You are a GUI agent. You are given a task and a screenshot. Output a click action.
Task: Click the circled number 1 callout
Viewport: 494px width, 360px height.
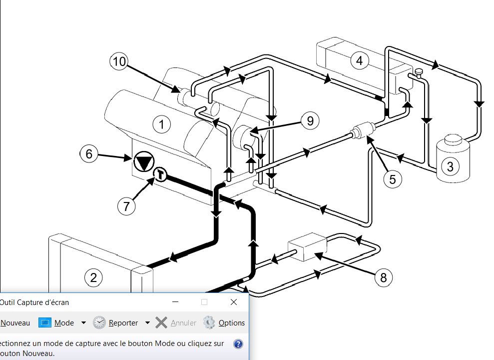162,124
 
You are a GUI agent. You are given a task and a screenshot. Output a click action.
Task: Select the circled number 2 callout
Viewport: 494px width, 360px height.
93,277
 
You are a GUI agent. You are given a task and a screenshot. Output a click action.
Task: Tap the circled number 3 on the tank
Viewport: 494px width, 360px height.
451,166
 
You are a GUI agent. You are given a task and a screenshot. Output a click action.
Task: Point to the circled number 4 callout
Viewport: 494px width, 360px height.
359,61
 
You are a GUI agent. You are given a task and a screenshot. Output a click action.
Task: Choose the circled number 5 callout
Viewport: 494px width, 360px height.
393,178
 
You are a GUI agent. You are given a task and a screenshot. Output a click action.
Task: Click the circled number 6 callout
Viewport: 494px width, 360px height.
89,153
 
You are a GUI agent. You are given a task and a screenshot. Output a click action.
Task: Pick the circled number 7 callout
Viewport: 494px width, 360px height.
126,205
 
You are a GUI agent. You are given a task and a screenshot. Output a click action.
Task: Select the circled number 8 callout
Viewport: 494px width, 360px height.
384,277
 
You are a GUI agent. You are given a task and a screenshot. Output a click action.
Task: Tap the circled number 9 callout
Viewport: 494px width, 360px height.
310,120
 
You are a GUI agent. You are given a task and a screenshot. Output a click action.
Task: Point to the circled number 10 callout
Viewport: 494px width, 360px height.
119,61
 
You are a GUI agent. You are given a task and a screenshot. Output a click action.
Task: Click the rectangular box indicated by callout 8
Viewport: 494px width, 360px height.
307,247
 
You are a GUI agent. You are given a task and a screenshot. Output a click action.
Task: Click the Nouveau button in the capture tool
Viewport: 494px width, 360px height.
15,323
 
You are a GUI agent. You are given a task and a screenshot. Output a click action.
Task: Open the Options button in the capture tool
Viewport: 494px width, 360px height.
224,323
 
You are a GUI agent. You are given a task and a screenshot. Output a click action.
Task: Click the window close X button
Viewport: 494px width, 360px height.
234,302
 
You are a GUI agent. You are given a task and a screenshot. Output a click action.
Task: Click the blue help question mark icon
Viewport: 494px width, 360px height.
238,344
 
